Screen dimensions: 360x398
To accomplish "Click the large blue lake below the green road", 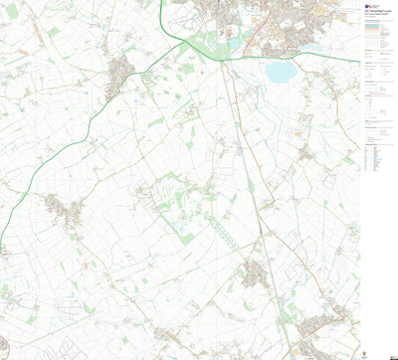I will coord(281,72).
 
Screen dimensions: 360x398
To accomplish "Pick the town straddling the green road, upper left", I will coord(120,72).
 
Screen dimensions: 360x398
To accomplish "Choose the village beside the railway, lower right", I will coord(259,271).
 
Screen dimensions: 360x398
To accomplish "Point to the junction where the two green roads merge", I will coord(189,44).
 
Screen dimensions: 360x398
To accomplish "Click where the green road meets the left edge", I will coord(1,248).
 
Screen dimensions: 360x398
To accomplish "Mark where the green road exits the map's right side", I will coord(358,61).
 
